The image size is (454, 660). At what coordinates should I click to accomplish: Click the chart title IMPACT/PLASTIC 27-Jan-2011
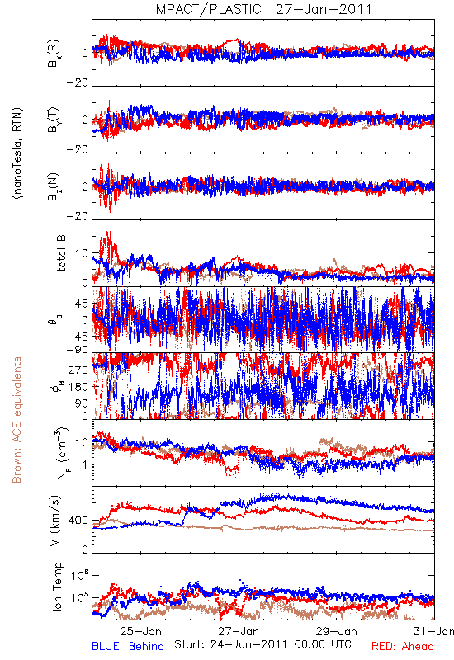pyautogui.click(x=262, y=9)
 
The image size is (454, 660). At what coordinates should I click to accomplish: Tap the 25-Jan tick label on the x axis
pyautogui.click(x=140, y=631)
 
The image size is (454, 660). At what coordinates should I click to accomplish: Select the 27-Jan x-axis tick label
pyautogui.click(x=239, y=631)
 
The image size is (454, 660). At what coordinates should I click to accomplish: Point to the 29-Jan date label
pyautogui.click(x=337, y=631)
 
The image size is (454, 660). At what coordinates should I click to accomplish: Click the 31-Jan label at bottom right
pyautogui.click(x=434, y=631)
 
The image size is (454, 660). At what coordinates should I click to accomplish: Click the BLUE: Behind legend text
pyautogui.click(x=128, y=646)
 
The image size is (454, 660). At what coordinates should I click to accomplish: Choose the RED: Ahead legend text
pyautogui.click(x=402, y=646)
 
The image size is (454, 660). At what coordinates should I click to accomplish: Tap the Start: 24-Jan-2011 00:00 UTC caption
pyautogui.click(x=262, y=644)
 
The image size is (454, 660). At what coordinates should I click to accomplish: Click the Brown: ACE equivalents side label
pyautogui.click(x=17, y=420)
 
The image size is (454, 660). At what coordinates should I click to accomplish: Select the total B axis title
pyautogui.click(x=60, y=253)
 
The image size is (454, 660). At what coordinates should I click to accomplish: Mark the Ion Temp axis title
pyautogui.click(x=57, y=587)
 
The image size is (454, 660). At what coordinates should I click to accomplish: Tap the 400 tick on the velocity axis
pyautogui.click(x=78, y=521)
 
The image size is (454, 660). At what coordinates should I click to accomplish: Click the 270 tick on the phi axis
pyautogui.click(x=78, y=370)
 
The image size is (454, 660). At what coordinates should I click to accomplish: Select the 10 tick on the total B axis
pyautogui.click(x=82, y=253)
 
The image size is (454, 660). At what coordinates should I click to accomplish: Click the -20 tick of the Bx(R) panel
pyautogui.click(x=77, y=83)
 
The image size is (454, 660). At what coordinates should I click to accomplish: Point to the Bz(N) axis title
pyautogui.click(x=54, y=186)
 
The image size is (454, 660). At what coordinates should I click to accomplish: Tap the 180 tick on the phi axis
pyautogui.click(x=78, y=387)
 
